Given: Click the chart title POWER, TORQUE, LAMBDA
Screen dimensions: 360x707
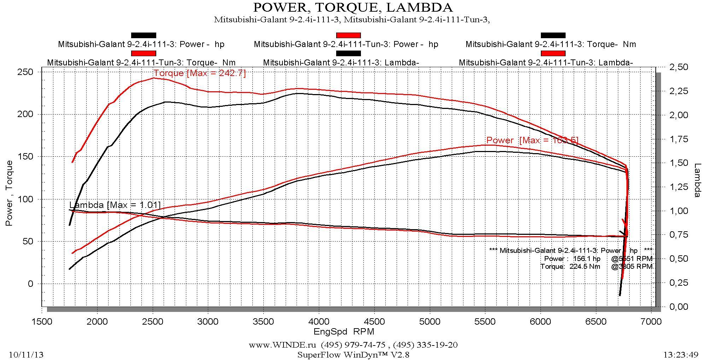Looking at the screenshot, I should pos(352,7).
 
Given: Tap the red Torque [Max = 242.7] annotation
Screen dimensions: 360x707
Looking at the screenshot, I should pos(199,73).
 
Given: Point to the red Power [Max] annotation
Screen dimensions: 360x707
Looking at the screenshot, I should pos(532,140).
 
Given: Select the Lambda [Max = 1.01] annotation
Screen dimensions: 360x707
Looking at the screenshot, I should pos(115,205).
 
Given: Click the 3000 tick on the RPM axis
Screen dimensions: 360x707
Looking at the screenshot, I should pos(208,321).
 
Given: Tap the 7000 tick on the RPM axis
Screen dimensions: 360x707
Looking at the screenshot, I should pos(651,321).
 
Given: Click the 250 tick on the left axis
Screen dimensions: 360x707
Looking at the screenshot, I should pos(25,72).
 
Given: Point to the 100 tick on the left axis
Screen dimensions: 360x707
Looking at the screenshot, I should pos(25,199).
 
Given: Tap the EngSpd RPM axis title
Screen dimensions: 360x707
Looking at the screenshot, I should pos(344,332).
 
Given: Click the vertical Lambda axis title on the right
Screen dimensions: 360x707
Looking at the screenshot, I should pos(697,180).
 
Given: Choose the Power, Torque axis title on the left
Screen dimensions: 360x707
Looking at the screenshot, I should pos(9,193).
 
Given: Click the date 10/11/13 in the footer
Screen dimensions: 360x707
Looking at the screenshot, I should pos(26,355).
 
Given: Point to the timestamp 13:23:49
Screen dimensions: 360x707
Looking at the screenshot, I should pos(680,355).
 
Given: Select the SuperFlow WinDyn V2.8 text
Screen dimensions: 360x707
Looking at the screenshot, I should pos(353,355).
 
